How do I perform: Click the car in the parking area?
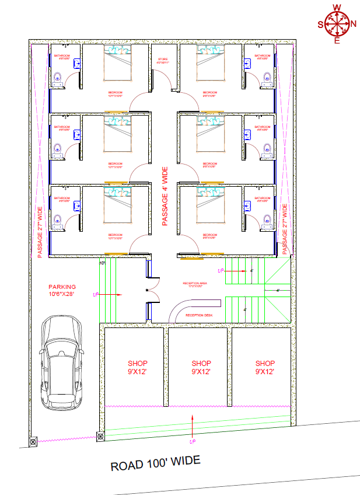[x=61, y=365]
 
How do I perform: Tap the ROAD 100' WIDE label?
[x=156, y=463]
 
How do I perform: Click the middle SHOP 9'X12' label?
[x=201, y=367]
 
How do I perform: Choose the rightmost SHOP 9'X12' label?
[x=265, y=367]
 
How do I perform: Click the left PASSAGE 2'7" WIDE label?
[x=40, y=232]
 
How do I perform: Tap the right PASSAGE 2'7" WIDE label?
[x=285, y=229]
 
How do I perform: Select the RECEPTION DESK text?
[x=199, y=315]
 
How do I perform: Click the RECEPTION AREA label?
[x=195, y=284]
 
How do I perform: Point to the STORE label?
[x=163, y=60]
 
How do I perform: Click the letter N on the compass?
[x=354, y=24]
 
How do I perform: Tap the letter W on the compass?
[x=337, y=8]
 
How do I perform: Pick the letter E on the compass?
[x=337, y=41]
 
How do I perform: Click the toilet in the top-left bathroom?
[x=57, y=78]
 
